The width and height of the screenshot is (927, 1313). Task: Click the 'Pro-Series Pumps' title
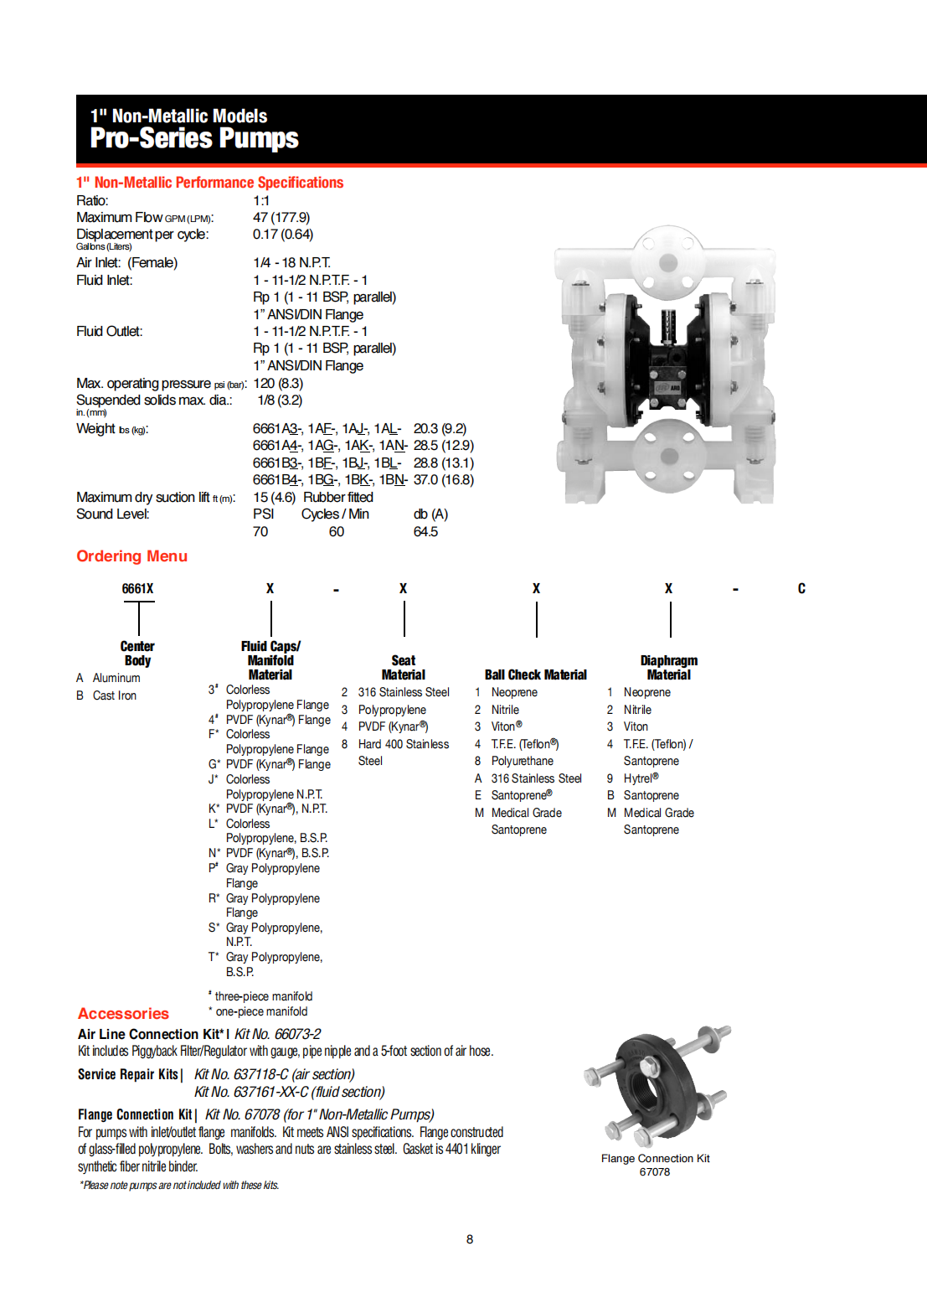click(x=193, y=137)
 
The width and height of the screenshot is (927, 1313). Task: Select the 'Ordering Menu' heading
click(x=131, y=556)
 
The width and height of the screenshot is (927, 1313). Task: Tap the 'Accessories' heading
click(x=123, y=1014)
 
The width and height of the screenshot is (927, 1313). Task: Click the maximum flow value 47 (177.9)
click(x=281, y=218)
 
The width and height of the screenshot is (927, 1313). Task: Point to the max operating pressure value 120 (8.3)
click(x=278, y=384)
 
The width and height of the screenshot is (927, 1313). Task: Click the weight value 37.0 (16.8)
click(x=444, y=480)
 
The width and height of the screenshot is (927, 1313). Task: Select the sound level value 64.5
click(x=425, y=532)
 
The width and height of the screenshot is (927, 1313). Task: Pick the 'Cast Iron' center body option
click(x=114, y=696)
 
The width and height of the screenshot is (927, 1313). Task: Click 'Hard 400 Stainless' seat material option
click(x=403, y=744)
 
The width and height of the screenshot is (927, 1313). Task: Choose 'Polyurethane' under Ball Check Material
click(x=522, y=762)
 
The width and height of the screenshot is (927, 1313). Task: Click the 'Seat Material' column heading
click(x=403, y=668)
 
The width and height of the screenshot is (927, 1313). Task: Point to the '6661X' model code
click(x=137, y=589)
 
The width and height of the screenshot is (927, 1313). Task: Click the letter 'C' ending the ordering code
click(x=801, y=589)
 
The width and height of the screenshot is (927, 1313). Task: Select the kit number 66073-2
click(x=297, y=1035)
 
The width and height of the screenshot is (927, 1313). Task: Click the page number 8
click(x=470, y=1239)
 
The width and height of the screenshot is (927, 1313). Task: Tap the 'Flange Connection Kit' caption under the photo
click(x=655, y=1159)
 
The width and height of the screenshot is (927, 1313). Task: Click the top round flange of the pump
click(x=667, y=262)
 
